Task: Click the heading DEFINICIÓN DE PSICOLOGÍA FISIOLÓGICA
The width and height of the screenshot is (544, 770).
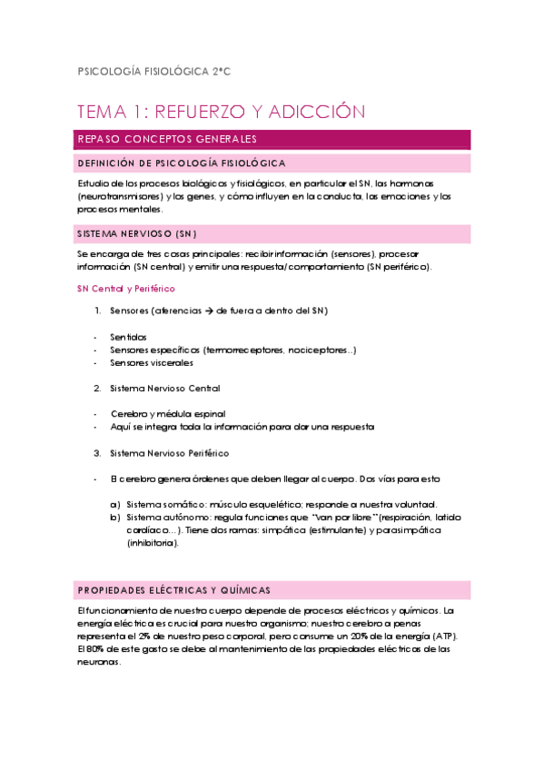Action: [x=183, y=163]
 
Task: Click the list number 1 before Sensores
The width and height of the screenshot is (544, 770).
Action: [x=97, y=311]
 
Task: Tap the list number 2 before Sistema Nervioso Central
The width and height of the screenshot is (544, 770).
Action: [x=97, y=389]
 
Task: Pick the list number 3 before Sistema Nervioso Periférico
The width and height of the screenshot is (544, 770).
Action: [x=97, y=453]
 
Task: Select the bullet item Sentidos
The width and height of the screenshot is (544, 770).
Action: [x=129, y=337]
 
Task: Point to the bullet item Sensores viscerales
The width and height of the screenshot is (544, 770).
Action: [x=152, y=362]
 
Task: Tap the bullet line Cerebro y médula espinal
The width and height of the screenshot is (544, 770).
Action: [x=167, y=414]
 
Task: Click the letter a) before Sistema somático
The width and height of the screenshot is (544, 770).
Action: [x=115, y=504]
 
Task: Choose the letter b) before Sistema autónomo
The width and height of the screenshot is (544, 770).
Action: [x=115, y=517]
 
